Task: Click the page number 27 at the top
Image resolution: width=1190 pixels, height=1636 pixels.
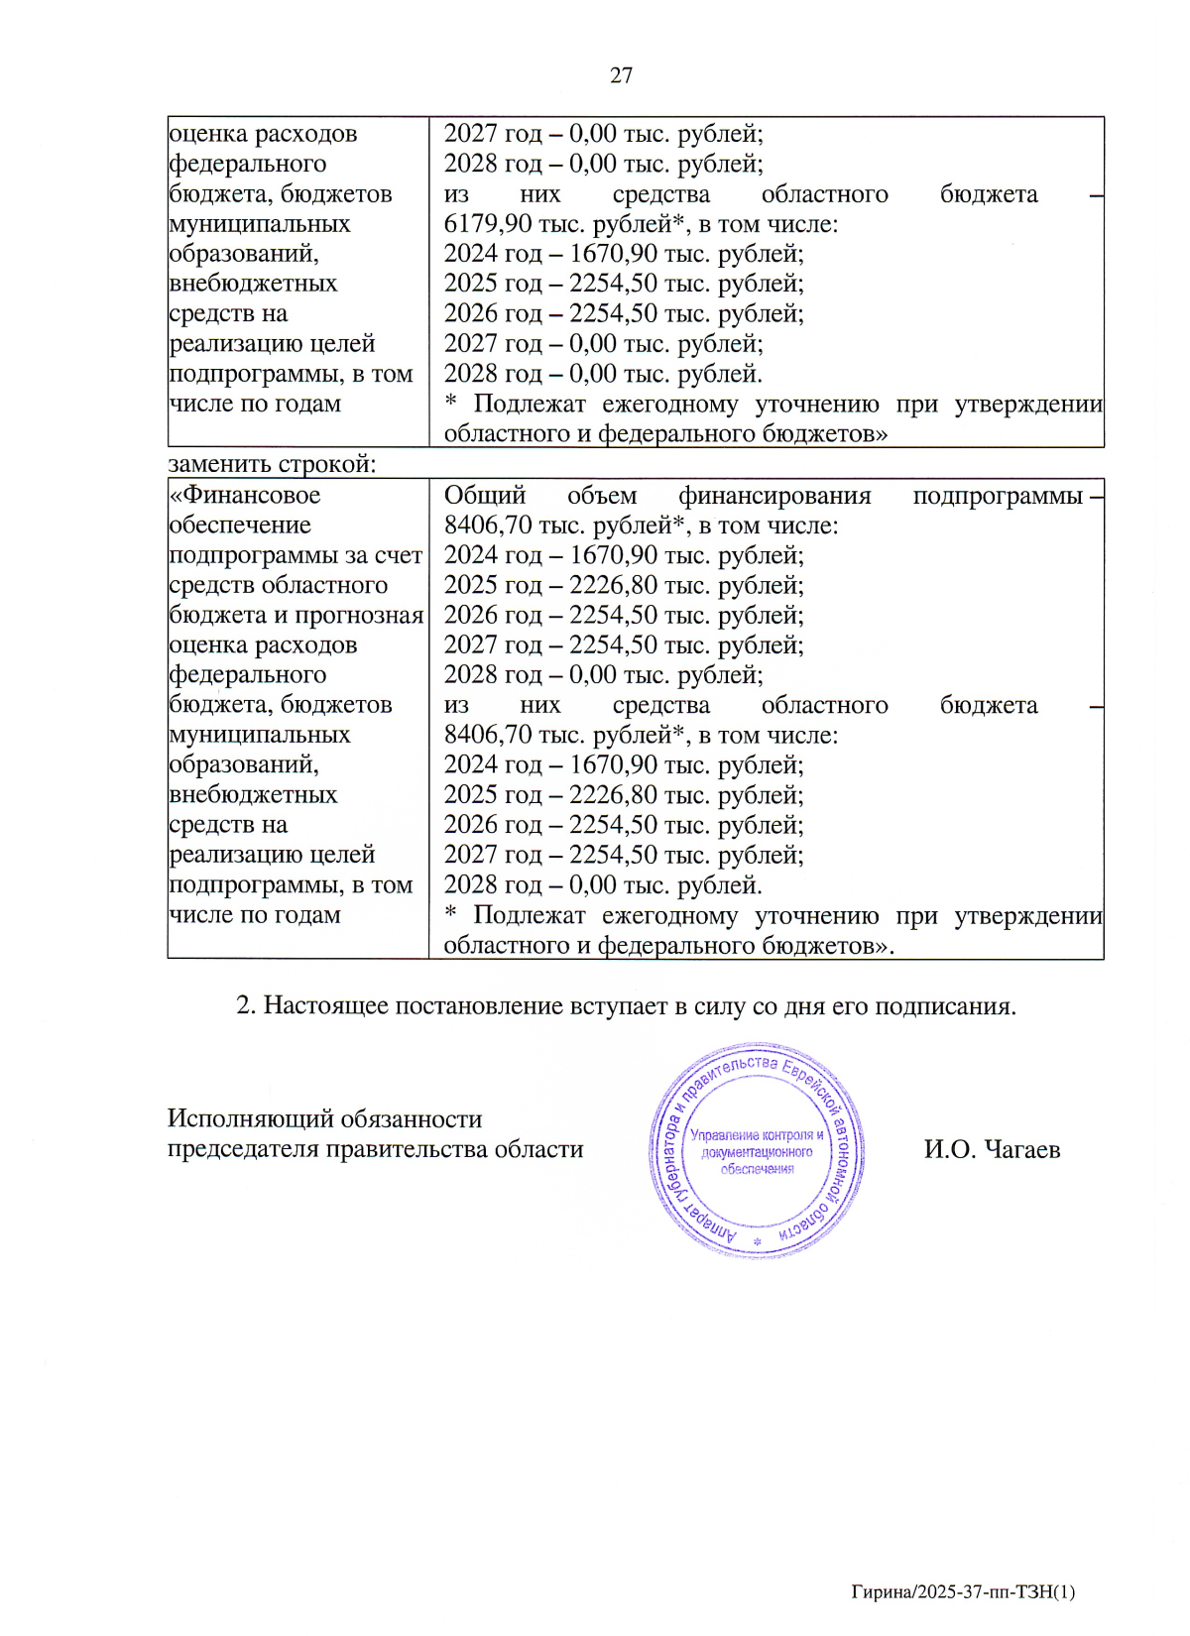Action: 621,75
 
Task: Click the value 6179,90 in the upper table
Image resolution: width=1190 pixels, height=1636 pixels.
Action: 487,224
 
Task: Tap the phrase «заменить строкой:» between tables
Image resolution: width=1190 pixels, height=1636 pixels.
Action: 272,464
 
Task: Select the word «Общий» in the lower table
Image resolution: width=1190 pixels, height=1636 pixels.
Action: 484,495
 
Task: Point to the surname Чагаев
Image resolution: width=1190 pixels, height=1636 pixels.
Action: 1022,1149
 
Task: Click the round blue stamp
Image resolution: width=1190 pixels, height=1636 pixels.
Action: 757,1150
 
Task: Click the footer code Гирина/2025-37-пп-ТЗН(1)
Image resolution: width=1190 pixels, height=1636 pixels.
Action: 963,1592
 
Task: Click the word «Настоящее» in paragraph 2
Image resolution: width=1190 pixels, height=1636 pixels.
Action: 327,1005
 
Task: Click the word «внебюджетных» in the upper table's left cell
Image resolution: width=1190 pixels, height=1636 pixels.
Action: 253,284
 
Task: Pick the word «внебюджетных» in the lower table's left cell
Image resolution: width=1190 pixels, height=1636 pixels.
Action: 253,795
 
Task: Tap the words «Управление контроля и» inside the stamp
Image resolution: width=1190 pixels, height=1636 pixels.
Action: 757,1135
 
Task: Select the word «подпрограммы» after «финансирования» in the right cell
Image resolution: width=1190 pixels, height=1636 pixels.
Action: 997,495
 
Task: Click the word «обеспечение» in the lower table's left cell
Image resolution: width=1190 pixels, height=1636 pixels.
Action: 240,525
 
